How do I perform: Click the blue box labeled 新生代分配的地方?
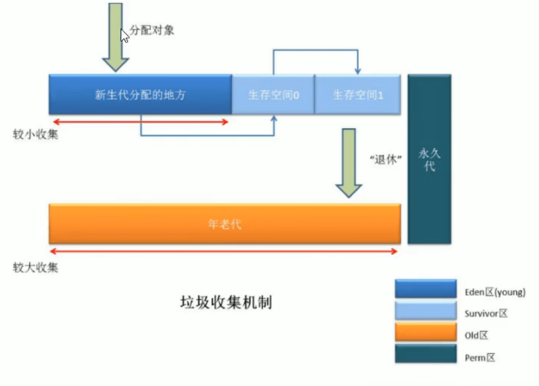(140, 95)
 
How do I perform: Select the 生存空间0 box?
(273, 95)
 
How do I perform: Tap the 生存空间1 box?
(357, 95)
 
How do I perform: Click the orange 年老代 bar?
(224, 224)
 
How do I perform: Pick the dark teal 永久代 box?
(429, 159)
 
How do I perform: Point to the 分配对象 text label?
(152, 30)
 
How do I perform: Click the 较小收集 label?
(35, 135)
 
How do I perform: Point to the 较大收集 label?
(35, 267)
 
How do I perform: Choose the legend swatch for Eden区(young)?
(425, 289)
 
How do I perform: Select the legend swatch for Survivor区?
(425, 311)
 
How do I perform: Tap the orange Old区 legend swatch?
(425, 333)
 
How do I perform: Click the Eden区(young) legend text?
(495, 292)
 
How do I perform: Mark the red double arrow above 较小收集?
(140, 121)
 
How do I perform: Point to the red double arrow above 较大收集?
(224, 250)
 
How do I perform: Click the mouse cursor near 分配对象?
(124, 35)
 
